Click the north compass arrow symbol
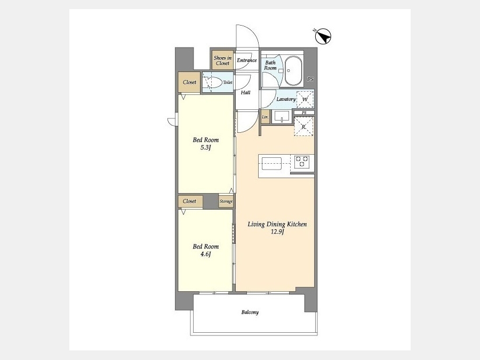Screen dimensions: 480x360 (x=323, y=36)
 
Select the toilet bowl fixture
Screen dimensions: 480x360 (x=214, y=82)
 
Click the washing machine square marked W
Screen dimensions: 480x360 (x=305, y=99)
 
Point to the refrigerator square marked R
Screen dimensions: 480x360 (x=304, y=126)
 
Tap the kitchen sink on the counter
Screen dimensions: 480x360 (x=271, y=164)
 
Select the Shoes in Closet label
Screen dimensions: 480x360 (x=222, y=60)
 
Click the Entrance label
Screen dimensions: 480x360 (x=247, y=60)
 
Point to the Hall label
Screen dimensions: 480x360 (x=245, y=92)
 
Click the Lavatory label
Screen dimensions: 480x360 (x=286, y=99)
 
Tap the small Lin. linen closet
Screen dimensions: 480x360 (x=266, y=117)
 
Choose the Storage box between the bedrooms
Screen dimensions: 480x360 (x=226, y=201)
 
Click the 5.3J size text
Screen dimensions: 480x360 (x=206, y=148)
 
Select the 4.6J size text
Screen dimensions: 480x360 (x=206, y=254)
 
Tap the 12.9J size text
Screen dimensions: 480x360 (x=277, y=232)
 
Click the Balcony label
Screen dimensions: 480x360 (x=250, y=312)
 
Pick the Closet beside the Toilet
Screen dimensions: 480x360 (x=189, y=82)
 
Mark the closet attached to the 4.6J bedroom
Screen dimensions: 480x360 (x=190, y=201)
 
